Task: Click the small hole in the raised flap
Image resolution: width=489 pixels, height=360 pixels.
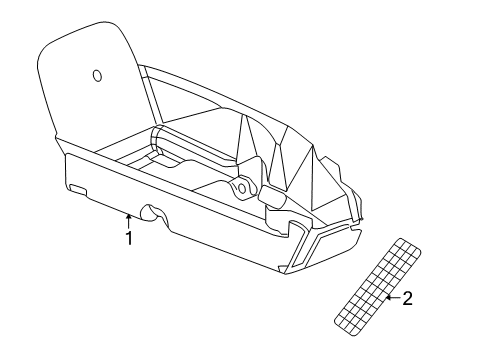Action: pyautogui.click(x=97, y=76)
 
